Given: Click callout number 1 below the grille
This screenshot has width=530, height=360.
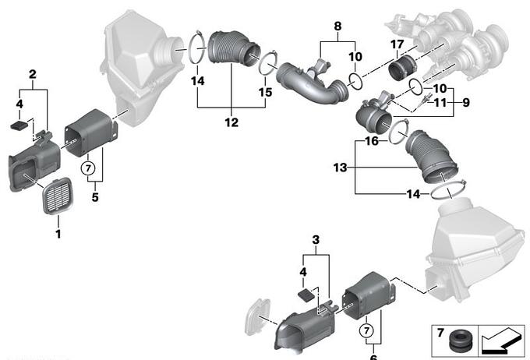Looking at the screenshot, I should point(58,232).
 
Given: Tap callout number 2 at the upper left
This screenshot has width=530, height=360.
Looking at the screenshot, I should point(33,75).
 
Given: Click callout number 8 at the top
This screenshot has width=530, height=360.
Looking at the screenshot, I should point(337,27).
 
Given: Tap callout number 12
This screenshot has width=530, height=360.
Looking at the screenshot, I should point(232,122).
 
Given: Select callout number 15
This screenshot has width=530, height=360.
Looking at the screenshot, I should point(267,92).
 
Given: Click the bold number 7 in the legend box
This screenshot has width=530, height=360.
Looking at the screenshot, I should point(440,334).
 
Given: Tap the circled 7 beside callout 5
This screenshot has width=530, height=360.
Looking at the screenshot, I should point(88,168).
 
